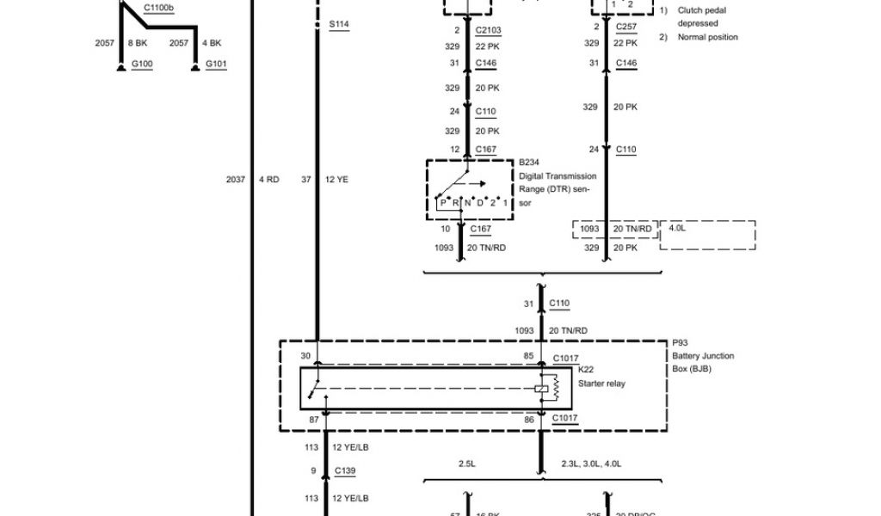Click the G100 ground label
(141, 64)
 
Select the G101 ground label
(216, 64)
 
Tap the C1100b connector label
(158, 8)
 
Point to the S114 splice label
(339, 24)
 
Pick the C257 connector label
(626, 27)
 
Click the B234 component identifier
(528, 162)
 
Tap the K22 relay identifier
(587, 371)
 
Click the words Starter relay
(601, 384)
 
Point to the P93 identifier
(681, 342)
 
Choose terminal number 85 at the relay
(528, 356)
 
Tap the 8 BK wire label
(137, 42)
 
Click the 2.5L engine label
(468, 464)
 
